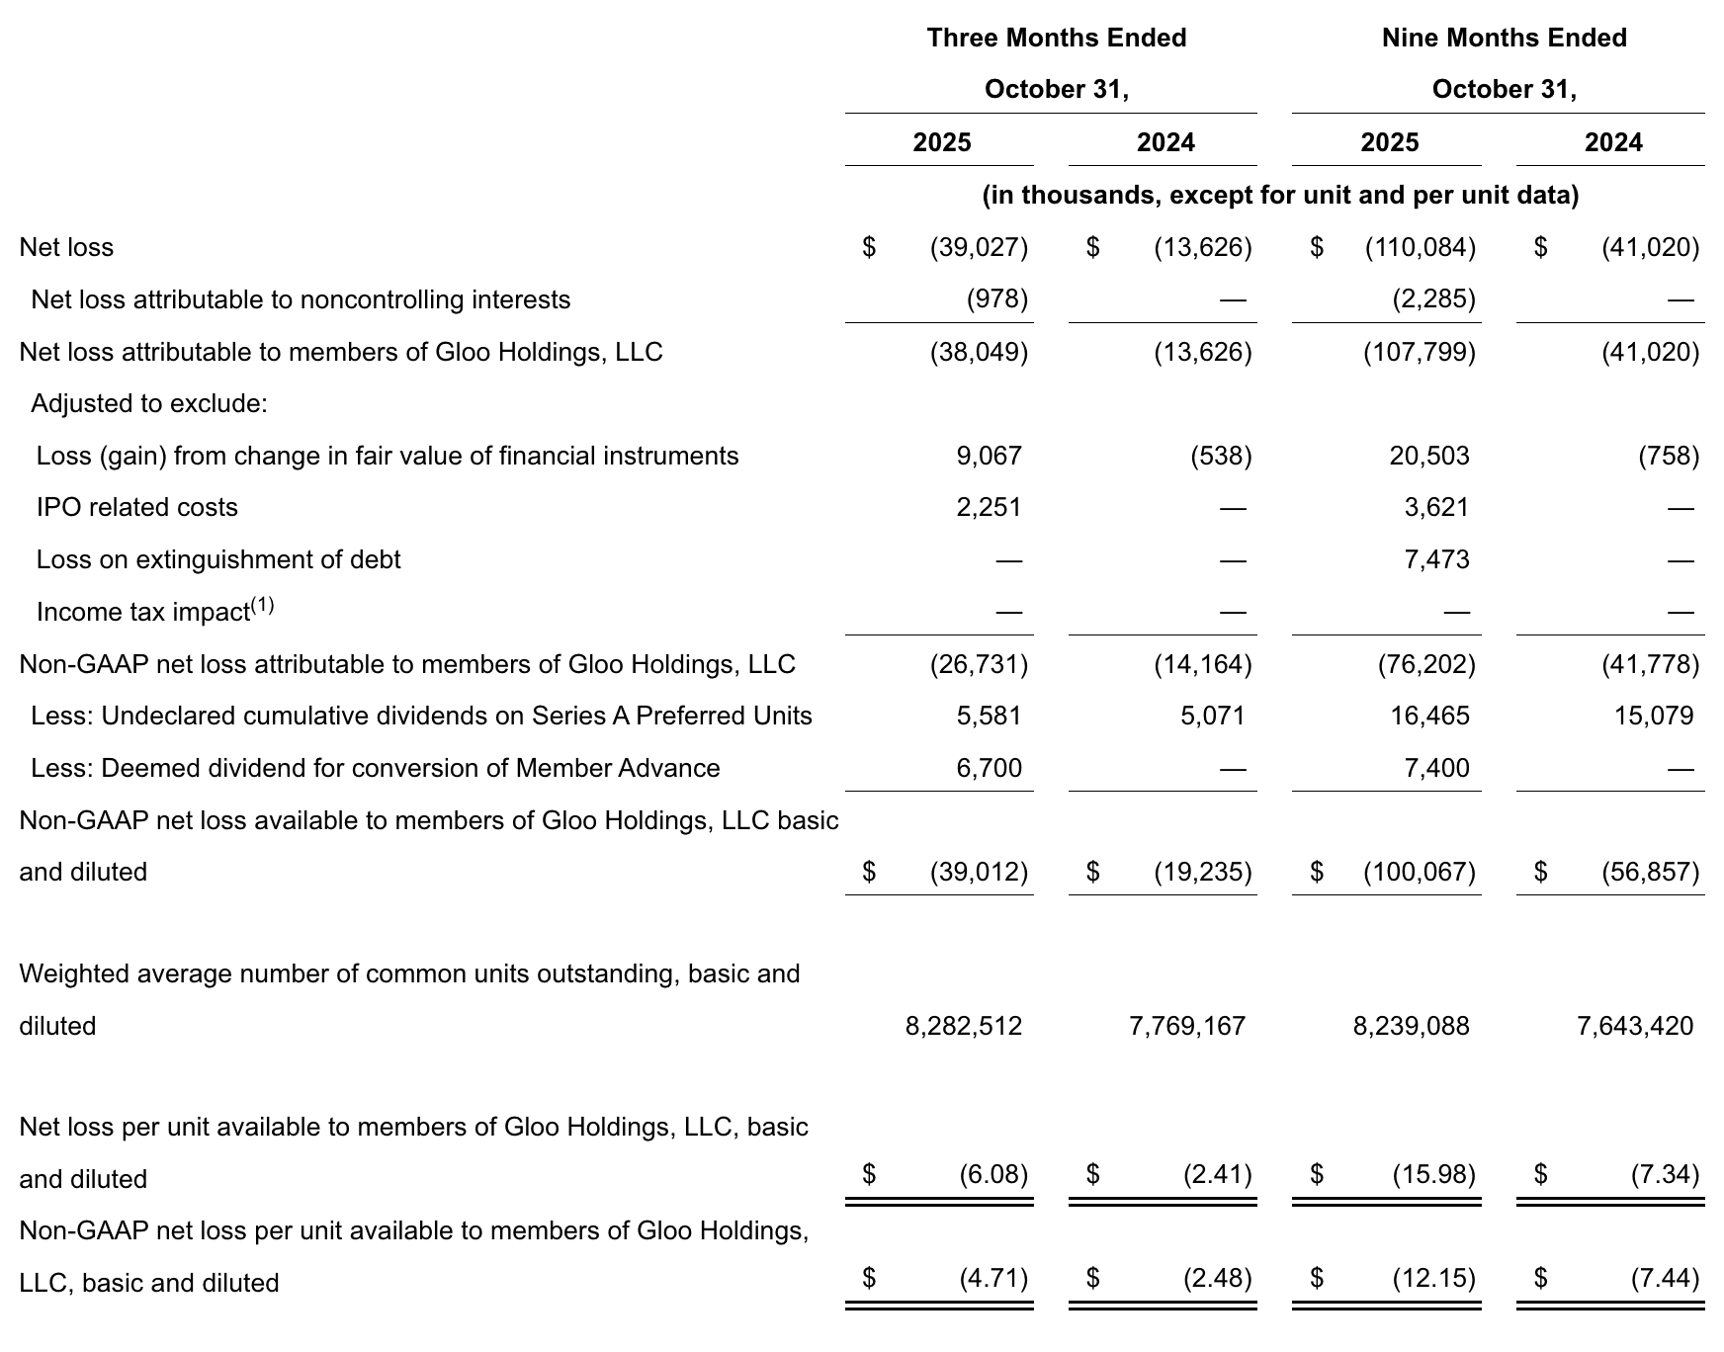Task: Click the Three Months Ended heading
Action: tap(1056, 39)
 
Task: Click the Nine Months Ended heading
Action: tap(1503, 39)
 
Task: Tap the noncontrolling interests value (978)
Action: tap(996, 299)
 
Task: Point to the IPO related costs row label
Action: tap(137, 508)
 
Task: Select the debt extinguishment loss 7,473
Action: tap(1436, 560)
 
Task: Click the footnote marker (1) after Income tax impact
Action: tap(262, 605)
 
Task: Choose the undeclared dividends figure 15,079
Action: tap(1654, 717)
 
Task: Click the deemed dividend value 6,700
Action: tap(989, 769)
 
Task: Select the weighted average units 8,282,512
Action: tap(964, 1027)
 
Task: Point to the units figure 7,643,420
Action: tap(1635, 1027)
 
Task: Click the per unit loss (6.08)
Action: tap(993, 1175)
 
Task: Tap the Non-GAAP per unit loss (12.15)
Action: tap(1433, 1280)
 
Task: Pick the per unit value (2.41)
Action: tap(1217, 1175)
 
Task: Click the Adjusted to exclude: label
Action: tap(149, 404)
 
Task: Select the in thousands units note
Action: tap(1280, 196)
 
